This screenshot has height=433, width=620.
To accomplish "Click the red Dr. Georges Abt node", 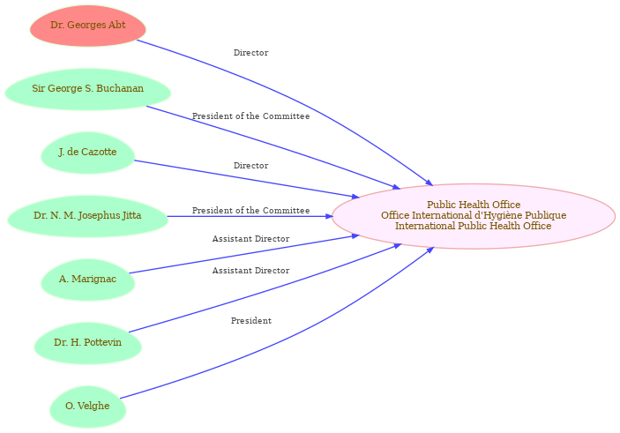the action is (x=88, y=26).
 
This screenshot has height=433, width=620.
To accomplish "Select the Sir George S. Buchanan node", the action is (x=88, y=89).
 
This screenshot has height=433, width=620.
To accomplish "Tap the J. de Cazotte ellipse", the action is (x=88, y=153).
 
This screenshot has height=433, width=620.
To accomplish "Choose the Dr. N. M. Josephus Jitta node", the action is (x=88, y=216).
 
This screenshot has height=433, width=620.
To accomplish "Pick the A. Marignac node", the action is (x=88, y=280).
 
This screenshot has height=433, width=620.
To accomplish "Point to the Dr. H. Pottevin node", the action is (x=88, y=343).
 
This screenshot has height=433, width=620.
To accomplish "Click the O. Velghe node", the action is (x=88, y=407).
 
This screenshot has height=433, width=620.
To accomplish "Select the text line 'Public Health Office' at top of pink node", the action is (x=474, y=205).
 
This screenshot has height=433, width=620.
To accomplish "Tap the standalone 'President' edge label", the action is (x=251, y=321).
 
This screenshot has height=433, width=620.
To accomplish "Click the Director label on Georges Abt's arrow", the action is (x=250, y=53).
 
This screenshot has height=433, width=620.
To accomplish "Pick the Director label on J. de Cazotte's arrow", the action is (x=250, y=165).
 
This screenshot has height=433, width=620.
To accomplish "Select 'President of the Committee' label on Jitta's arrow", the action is (x=250, y=211).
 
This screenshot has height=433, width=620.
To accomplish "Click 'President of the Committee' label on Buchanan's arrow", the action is (x=250, y=116).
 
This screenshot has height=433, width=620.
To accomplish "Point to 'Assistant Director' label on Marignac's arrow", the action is (x=250, y=239).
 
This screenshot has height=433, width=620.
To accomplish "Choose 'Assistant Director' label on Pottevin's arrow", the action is (x=250, y=271).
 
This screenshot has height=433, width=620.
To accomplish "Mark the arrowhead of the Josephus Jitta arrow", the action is (x=329, y=216).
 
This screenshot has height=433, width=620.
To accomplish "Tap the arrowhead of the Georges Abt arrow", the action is (x=430, y=183).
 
